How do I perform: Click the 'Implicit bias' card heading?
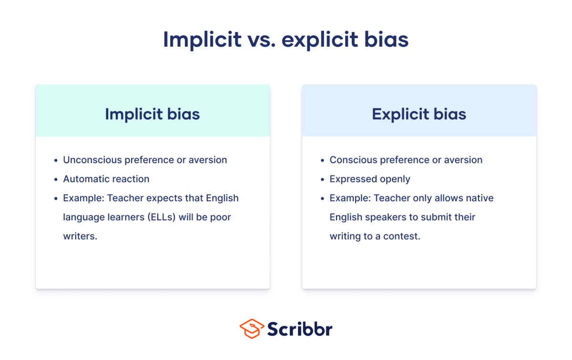pyautogui.click(x=152, y=114)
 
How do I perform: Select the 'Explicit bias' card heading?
pyautogui.click(x=419, y=114)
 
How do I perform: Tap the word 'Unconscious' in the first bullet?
pyautogui.click(x=92, y=160)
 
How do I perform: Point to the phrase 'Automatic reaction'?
pyautogui.click(x=106, y=179)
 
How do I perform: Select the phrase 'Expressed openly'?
pyautogui.click(x=370, y=179)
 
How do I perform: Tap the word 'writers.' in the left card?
pyautogui.click(x=80, y=237)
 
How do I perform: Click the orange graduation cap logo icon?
pyautogui.click(x=251, y=329)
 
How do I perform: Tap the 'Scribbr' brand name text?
pyautogui.click(x=300, y=329)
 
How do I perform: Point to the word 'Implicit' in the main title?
pyautogui.click(x=202, y=40)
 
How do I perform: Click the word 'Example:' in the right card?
pyautogui.click(x=350, y=198)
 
